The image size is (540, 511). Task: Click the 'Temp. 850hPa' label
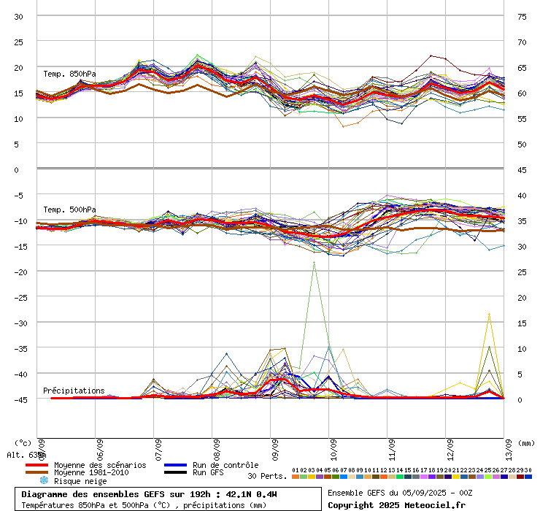pos(69,74)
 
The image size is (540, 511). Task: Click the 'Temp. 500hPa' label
pos(69,210)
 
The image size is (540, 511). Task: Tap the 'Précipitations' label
pos(74,391)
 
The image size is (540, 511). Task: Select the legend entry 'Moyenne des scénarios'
pos(100,465)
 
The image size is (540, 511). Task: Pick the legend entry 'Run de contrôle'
pos(225,465)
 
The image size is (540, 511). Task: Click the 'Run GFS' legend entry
pos(208,473)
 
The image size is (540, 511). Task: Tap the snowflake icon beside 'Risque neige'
pos(44,481)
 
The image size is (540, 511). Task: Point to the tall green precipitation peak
pos(315,263)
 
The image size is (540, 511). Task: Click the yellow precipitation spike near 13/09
pos(489,315)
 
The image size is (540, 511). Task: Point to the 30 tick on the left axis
pos(19,16)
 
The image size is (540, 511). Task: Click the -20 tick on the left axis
pos(18,272)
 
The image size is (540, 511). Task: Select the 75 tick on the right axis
pos(522,16)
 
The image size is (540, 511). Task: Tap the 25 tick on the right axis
pos(522,272)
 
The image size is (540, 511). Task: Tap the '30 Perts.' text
pos(266,476)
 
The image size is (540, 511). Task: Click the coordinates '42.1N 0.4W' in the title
pos(252,494)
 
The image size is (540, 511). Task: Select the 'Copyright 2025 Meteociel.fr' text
pos(396,504)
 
